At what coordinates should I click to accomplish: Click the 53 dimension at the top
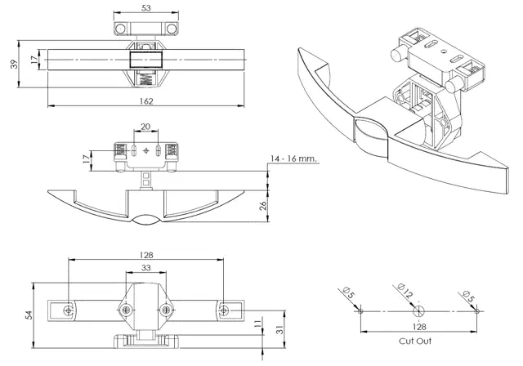pos(145,7)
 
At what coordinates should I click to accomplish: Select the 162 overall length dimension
pos(146,100)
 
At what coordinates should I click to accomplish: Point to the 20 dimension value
pos(145,127)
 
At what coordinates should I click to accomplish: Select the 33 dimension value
pos(146,267)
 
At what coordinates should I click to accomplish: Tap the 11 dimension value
pos(258,324)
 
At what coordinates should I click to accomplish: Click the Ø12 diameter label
pos(404,289)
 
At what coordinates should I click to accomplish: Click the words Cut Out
pos(416,341)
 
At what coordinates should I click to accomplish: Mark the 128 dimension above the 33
pos(146,254)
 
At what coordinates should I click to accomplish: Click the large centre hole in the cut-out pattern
pos(418,310)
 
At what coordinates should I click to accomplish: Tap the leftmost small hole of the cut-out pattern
pos(359,310)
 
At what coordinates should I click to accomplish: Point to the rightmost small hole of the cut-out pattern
pos(476,310)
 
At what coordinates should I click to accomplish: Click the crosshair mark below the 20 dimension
pos(146,150)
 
